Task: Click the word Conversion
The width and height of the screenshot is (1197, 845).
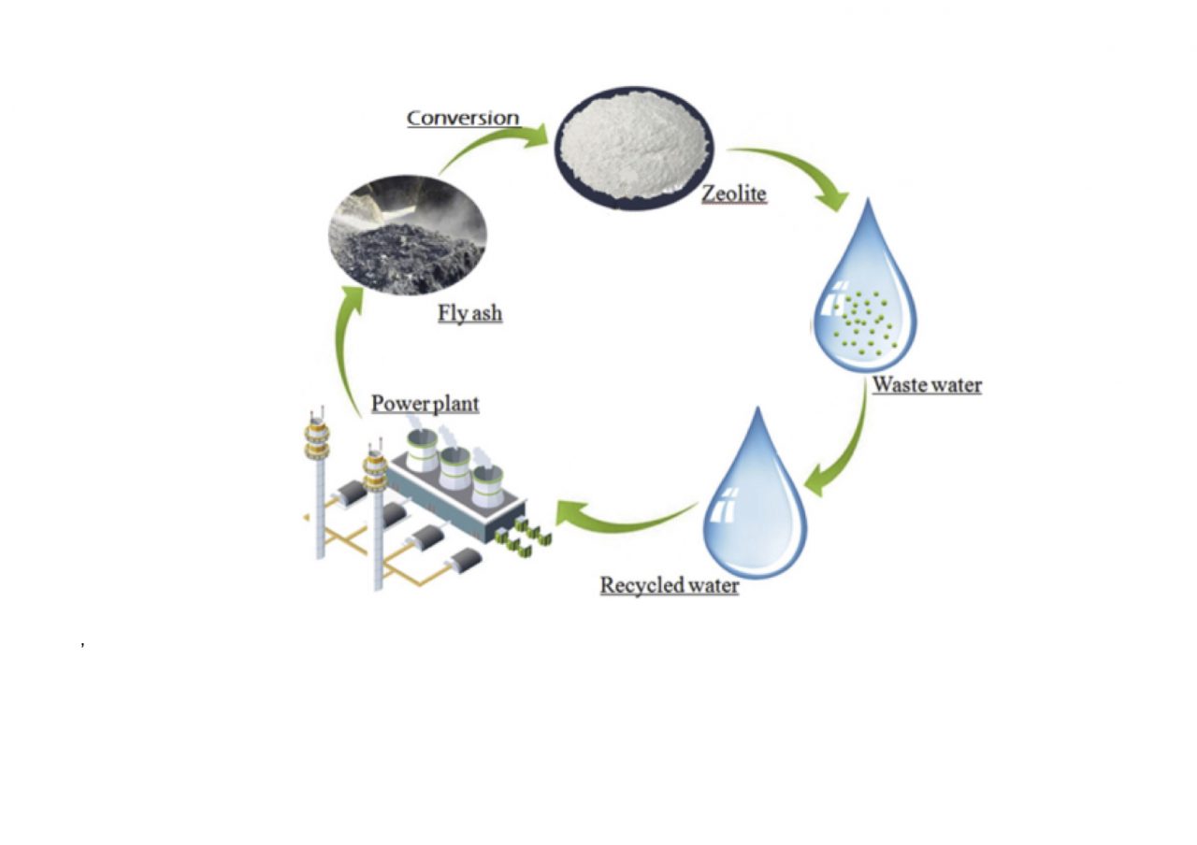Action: coord(462,118)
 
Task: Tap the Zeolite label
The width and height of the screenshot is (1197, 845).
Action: coord(734,194)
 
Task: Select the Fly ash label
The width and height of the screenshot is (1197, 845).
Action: coord(469,313)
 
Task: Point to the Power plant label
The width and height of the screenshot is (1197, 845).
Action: coord(425,404)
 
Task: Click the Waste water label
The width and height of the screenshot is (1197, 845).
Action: coord(927,384)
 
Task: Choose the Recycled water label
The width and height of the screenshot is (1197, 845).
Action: coord(669,586)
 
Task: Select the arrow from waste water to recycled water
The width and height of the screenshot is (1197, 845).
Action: coord(842,449)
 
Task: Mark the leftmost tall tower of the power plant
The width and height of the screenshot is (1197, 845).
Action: coord(319,486)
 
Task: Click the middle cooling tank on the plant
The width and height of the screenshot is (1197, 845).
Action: coord(454,468)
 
